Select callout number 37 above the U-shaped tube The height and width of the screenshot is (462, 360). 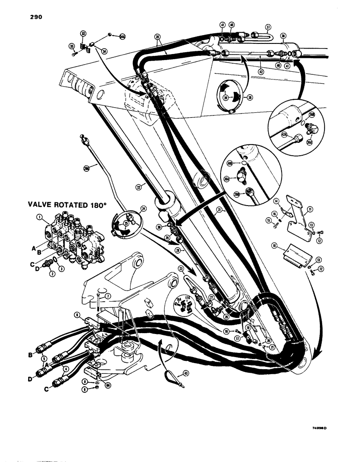tap(268, 26)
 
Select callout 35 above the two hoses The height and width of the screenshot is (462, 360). tap(157, 36)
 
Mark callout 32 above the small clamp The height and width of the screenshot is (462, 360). tap(83, 34)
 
